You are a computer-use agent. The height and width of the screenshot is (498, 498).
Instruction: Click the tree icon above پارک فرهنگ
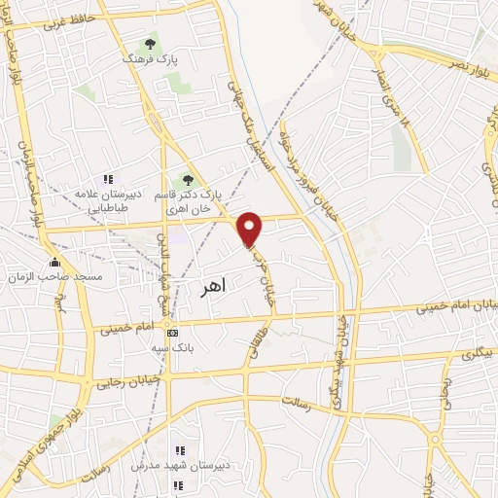[x=150, y=44]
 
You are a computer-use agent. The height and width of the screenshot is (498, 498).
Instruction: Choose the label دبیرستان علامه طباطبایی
[x=103, y=201]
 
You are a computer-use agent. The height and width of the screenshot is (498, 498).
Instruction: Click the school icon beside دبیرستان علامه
[x=108, y=179]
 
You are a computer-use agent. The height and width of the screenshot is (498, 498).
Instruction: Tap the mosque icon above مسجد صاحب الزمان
[x=53, y=262]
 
